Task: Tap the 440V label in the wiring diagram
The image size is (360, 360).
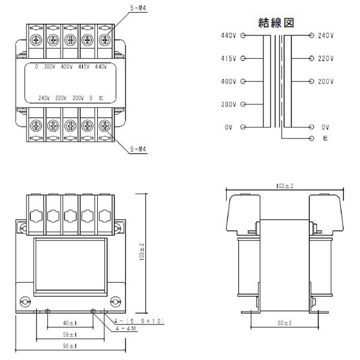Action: [229, 35]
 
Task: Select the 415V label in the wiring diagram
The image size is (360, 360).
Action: [229, 58]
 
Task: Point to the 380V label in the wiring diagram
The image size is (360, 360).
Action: [229, 104]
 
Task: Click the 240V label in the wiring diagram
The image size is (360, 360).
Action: [326, 35]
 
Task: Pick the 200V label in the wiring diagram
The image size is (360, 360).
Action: [326, 81]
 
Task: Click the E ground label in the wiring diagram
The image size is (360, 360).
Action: [324, 138]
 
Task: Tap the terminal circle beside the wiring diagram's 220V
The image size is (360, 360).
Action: [311, 58]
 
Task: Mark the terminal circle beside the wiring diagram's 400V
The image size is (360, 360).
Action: [243, 81]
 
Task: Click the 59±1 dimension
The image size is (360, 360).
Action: [69, 334]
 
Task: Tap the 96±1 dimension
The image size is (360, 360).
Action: [69, 346]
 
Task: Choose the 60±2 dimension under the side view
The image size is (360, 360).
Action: [285, 323]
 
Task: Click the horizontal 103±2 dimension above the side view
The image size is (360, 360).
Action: [284, 187]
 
